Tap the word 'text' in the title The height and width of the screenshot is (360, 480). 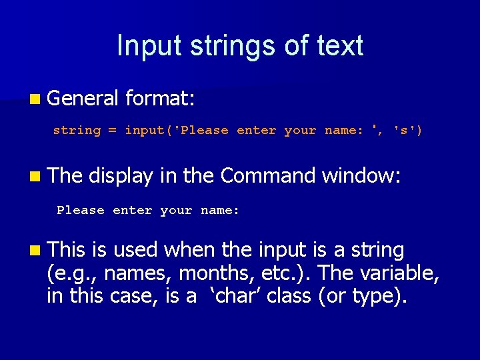pos(339,46)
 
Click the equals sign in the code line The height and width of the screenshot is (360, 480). pos(112,131)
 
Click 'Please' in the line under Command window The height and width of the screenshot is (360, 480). pos(81,211)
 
